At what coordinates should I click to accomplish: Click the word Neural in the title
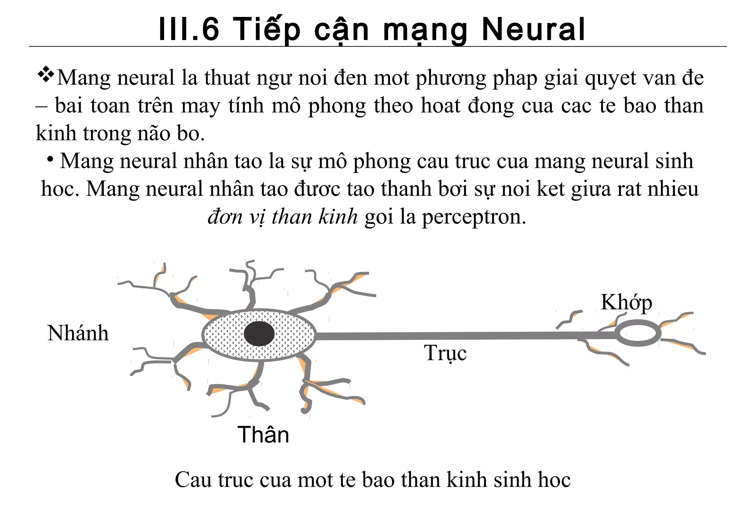pyautogui.click(x=533, y=29)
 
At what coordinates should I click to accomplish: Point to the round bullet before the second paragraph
pyautogui.click(x=51, y=159)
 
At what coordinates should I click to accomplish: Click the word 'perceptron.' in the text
pyautogui.click(x=474, y=217)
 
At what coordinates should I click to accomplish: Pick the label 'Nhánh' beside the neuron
pyautogui.click(x=78, y=333)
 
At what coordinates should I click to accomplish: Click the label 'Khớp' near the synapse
pyautogui.click(x=626, y=303)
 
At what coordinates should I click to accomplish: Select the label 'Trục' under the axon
pyautogui.click(x=445, y=353)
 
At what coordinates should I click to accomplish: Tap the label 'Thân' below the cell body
pyautogui.click(x=263, y=435)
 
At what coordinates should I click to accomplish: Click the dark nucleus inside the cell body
pyautogui.click(x=259, y=334)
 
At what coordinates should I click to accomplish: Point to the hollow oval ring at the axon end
pyautogui.click(x=638, y=333)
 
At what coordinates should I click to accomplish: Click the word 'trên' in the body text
pyautogui.click(x=155, y=106)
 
